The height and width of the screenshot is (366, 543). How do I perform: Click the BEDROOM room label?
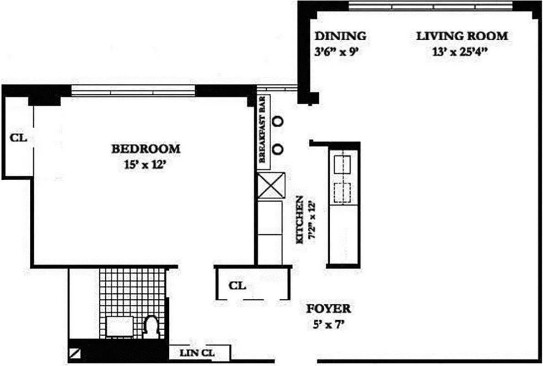coord(146,149)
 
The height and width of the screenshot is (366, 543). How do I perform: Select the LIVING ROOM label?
coord(462,36)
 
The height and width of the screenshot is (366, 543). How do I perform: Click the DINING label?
coord(340,36)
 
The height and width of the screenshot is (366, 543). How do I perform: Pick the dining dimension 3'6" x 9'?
coord(335,51)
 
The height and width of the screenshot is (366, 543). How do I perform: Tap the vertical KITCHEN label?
coord(300,220)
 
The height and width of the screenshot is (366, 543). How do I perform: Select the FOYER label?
coord(328,309)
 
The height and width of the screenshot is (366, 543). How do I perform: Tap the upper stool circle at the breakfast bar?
coord(278,121)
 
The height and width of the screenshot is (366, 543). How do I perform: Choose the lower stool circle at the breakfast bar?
coord(278,149)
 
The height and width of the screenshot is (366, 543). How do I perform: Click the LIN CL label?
coord(197,353)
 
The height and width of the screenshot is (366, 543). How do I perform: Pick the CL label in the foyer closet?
coord(237,286)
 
